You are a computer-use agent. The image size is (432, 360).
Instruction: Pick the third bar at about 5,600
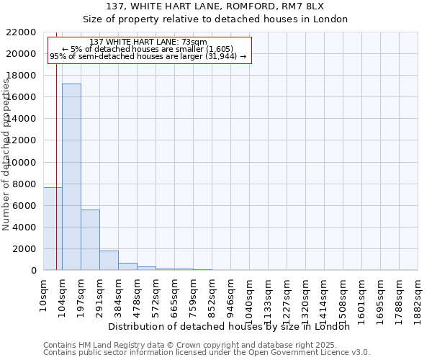(x=90, y=240)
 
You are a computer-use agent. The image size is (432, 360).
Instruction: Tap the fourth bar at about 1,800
(x=109, y=261)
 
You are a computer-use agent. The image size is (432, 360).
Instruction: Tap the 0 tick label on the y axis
(x=34, y=271)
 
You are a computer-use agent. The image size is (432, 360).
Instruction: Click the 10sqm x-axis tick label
(x=43, y=294)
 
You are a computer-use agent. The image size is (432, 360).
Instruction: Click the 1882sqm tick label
(x=418, y=299)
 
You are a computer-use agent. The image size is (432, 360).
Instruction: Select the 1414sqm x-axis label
(x=324, y=299)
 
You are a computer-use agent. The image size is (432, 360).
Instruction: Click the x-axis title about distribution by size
(x=233, y=327)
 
